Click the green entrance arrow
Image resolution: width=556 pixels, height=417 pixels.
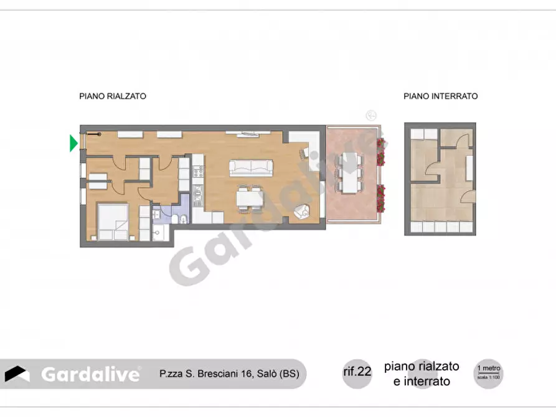click(73, 143)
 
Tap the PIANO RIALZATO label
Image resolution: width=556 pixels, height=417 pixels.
click(113, 96)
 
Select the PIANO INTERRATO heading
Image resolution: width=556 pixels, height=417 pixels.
click(440, 96)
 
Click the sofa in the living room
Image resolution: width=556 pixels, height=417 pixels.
click(251, 167)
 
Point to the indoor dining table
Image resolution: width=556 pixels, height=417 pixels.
click(251, 199)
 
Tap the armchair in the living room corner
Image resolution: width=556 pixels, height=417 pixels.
click(303, 212)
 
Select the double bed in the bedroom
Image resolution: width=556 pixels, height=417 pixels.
click(113, 223)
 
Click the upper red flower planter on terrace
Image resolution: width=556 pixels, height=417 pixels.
click(380, 149)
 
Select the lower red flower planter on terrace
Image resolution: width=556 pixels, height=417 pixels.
click(380, 199)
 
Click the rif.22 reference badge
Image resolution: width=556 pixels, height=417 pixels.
click(357, 372)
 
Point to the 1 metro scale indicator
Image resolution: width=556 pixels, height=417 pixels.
click(488, 372)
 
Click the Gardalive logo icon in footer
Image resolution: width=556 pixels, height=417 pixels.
click(18, 373)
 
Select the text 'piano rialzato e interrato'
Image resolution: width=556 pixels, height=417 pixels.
click(422, 373)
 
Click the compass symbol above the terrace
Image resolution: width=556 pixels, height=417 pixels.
click(371, 115)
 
